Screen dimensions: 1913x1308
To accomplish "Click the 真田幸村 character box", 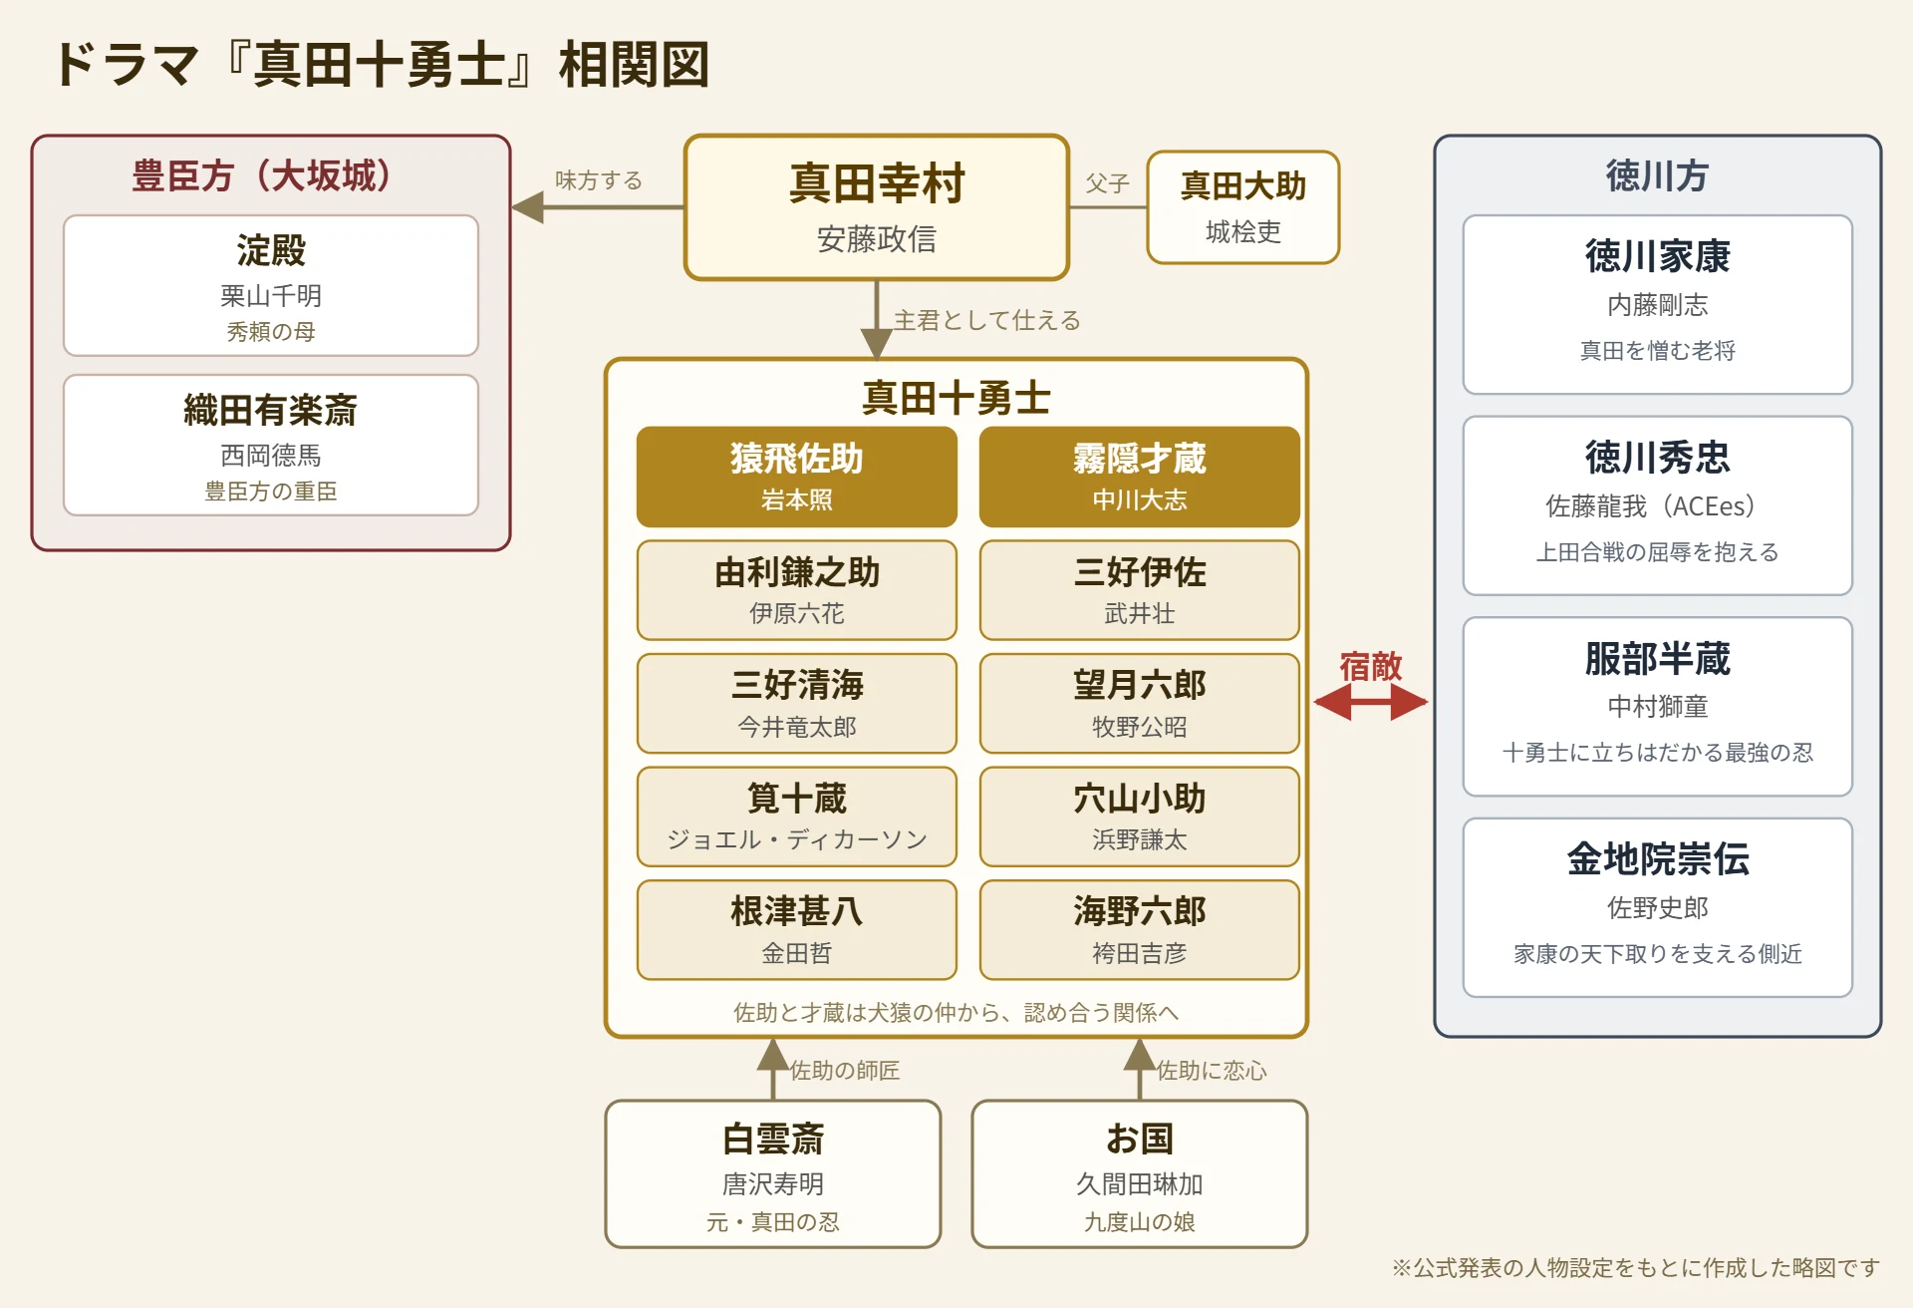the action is pyautogui.click(x=877, y=207).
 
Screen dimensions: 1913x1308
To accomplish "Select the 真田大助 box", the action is pyautogui.click(x=1243, y=207).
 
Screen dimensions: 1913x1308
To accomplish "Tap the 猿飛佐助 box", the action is pyautogui.click(x=797, y=477).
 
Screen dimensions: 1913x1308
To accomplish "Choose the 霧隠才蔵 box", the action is pyautogui.click(x=1140, y=477).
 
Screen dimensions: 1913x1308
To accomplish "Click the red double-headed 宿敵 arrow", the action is pyautogui.click(x=1371, y=702).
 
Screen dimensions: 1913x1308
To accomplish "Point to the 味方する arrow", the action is pyautogui.click(x=598, y=207).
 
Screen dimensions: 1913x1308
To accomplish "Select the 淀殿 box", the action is pyautogui.click(x=271, y=285).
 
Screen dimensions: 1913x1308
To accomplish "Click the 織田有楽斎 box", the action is pyautogui.click(x=271, y=445).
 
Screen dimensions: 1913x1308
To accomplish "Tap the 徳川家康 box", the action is pyautogui.click(x=1658, y=304).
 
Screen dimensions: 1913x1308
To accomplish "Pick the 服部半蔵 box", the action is pyautogui.click(x=1658, y=706).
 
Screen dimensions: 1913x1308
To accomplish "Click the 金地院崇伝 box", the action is pyautogui.click(x=1658, y=907).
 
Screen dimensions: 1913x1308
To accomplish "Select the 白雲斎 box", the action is pyautogui.click(x=773, y=1173).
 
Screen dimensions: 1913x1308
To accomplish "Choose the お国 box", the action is pyautogui.click(x=1140, y=1173).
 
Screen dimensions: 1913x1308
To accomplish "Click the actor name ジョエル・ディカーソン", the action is pyautogui.click(x=797, y=839).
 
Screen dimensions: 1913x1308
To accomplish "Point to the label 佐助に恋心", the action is pyautogui.click(x=1212, y=1071).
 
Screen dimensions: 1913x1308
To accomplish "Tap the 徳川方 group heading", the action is pyautogui.click(x=1657, y=175).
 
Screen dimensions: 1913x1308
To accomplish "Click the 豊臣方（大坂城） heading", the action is pyautogui.click(x=271, y=175).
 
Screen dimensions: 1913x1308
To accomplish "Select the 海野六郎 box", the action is pyautogui.click(x=1140, y=929).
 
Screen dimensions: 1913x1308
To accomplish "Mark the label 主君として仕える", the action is pyautogui.click(x=986, y=320).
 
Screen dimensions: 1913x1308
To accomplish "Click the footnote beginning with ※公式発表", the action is pyautogui.click(x=1635, y=1267).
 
